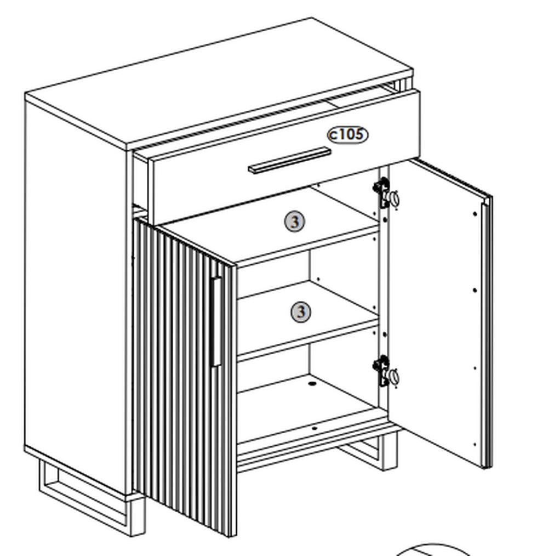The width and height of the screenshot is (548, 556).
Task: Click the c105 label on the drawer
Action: tap(347, 135)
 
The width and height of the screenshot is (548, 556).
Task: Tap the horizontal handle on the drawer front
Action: tap(289, 160)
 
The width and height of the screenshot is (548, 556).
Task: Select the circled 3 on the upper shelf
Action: tap(295, 222)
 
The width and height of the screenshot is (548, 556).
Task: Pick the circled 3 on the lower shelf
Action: tap(301, 312)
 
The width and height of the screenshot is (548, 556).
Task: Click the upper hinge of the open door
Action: tap(386, 194)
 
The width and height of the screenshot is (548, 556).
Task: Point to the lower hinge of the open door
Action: tap(386, 371)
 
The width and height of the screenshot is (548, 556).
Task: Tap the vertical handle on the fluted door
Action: tap(216, 321)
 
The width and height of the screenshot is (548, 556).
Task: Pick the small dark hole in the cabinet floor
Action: tap(312, 384)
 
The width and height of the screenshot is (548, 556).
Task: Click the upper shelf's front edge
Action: tap(307, 246)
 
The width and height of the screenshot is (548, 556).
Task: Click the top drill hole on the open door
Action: tap(475, 213)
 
